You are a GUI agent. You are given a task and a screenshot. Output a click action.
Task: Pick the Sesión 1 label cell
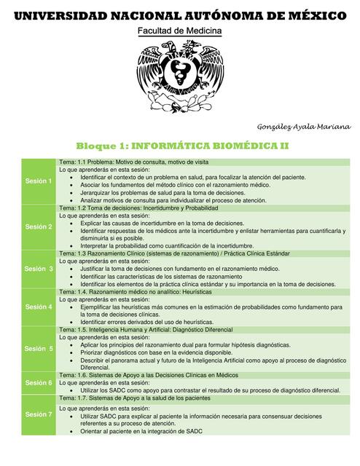coord(39,181)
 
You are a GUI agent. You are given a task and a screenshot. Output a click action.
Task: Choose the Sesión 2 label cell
coord(39,226)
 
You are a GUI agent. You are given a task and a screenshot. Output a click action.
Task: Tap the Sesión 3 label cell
coord(39,269)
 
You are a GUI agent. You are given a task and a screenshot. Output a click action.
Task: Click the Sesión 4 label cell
coord(39,307)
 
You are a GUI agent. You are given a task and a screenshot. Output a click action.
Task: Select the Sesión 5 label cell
coord(39,349)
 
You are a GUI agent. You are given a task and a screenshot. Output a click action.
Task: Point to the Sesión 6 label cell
coord(39,382)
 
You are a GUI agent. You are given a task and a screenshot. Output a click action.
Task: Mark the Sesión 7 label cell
coord(39,414)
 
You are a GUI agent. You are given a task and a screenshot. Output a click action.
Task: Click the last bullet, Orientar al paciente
coord(141,431)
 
